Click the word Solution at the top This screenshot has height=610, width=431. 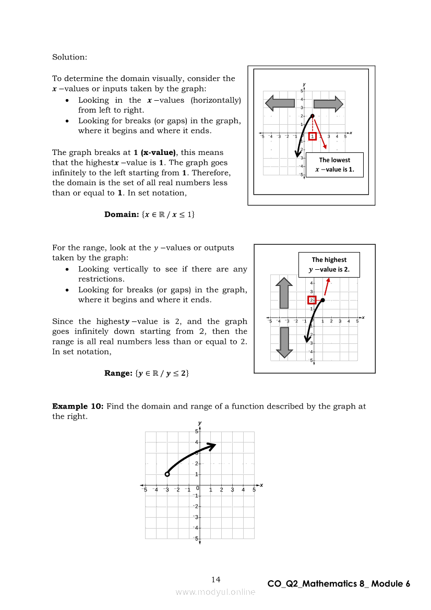[x=69, y=57]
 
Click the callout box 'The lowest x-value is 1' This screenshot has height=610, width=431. [x=334, y=165]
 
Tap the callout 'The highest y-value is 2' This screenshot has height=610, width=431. [x=329, y=265]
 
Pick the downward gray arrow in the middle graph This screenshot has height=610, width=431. [x=284, y=342]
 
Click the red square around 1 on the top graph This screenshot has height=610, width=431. [x=312, y=137]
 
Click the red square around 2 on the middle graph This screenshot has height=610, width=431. [x=312, y=300]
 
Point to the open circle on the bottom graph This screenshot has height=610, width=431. [x=167, y=474]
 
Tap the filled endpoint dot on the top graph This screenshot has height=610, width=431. [x=312, y=116]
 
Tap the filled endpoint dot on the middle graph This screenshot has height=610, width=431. [x=322, y=300]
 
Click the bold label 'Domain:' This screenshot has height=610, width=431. [x=121, y=214]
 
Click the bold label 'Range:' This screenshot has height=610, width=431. [x=118, y=373]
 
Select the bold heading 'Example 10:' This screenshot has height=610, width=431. [x=78, y=406]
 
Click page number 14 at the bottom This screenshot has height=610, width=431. [x=216, y=579]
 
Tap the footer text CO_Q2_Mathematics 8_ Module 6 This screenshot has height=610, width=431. [x=339, y=584]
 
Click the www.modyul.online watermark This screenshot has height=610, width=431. [x=215, y=592]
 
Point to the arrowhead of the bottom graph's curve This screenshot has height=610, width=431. [x=212, y=445]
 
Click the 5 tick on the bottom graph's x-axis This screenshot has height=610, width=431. [x=254, y=490]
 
